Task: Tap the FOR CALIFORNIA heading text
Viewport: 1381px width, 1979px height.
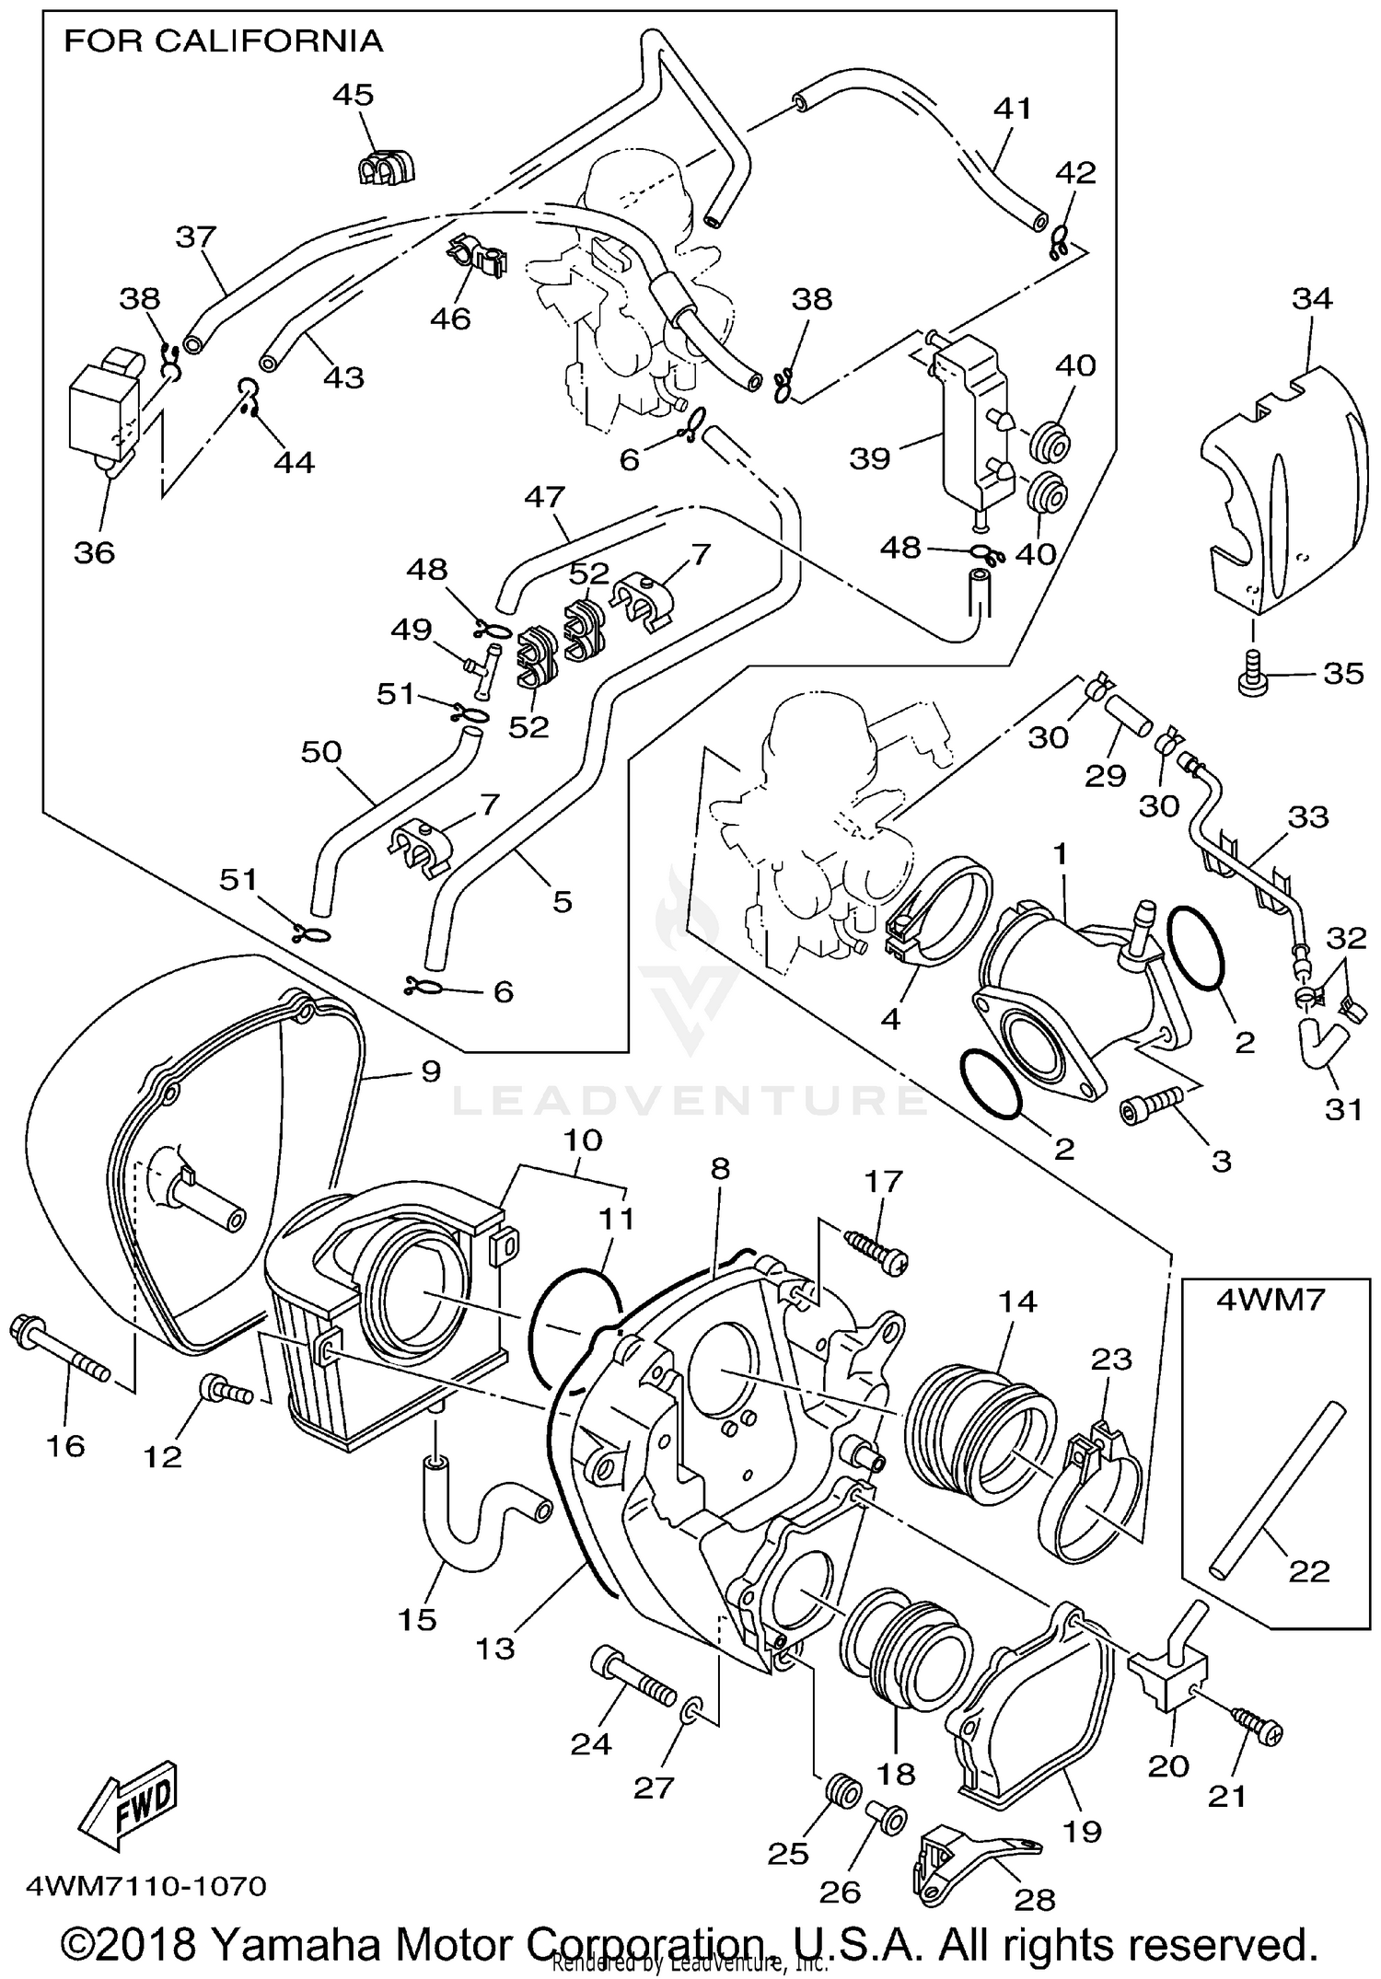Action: coord(223,41)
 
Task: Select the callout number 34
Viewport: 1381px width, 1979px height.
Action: coord(1312,298)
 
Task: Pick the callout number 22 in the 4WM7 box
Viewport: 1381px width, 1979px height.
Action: coord(1308,1570)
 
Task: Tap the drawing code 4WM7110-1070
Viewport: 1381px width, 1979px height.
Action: coord(147,1887)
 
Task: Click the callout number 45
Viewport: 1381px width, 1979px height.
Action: coord(354,94)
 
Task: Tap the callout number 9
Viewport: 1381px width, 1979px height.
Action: coord(430,1071)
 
